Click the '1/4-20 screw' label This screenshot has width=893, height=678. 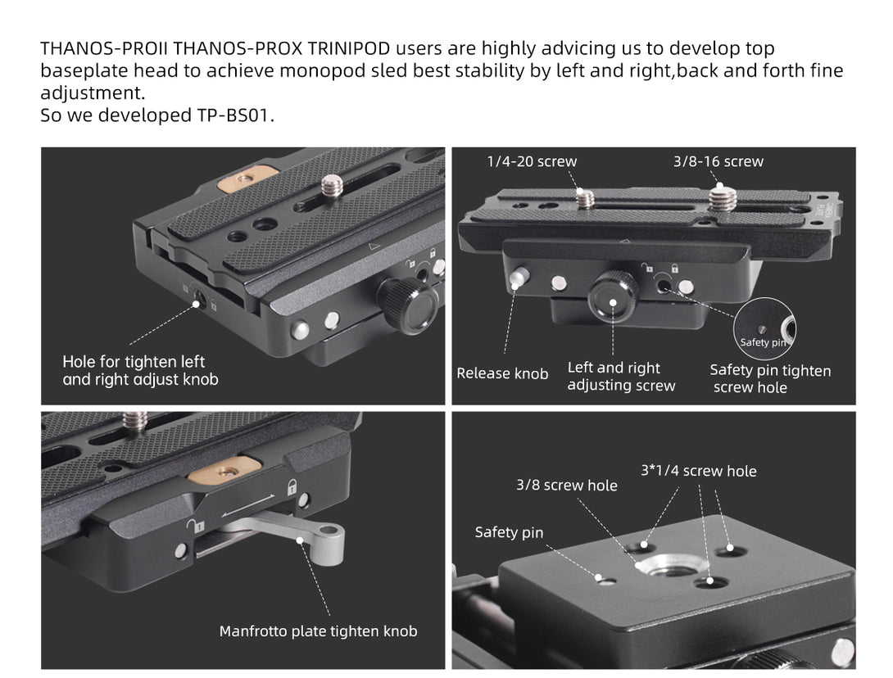tap(532, 161)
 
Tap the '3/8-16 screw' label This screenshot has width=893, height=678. tap(718, 161)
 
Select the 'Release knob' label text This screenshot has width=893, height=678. tap(502, 373)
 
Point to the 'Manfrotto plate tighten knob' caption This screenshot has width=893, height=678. tap(319, 631)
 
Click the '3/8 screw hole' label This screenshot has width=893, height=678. tap(567, 486)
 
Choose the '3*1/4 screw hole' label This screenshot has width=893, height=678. tap(699, 472)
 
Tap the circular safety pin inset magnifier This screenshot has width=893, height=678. tap(764, 328)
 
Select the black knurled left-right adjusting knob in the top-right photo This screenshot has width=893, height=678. tap(613, 294)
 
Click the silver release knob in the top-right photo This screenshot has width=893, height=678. tap(519, 278)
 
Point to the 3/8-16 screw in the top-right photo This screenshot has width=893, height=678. tap(722, 199)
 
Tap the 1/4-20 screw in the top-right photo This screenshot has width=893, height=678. tap(585, 199)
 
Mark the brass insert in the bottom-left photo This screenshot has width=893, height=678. tap(224, 469)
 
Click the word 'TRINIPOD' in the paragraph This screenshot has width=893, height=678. tap(348, 48)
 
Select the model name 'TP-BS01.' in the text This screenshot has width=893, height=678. tap(236, 115)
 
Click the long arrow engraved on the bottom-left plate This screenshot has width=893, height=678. tap(248, 506)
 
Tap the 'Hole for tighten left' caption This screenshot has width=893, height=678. tap(134, 362)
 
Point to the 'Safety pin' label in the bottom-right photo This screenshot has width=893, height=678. tap(509, 533)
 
